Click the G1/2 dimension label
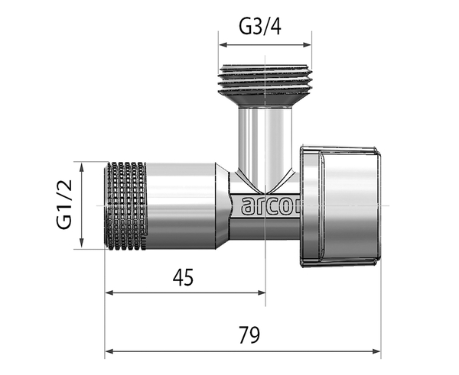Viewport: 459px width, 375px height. [x=64, y=205]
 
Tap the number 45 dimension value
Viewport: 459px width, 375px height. [x=183, y=277]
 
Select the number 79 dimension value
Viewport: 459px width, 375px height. [x=249, y=335]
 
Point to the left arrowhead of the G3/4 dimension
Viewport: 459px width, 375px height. [x=223, y=45]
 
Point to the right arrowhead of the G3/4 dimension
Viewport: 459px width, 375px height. [x=308, y=45]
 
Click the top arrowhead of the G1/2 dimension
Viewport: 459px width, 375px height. [x=82, y=166]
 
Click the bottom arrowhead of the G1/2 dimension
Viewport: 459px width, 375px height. [x=82, y=244]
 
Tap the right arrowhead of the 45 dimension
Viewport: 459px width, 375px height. [x=262, y=293]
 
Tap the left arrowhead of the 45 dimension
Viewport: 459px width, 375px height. [x=109, y=293]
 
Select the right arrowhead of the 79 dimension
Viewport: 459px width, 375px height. [x=376, y=351]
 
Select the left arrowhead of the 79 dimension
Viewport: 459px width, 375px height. [x=109, y=351]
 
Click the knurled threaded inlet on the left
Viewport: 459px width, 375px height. [x=125, y=205]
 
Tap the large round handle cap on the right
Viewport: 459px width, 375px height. [x=340, y=206]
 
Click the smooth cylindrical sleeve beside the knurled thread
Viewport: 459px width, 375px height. [x=181, y=205]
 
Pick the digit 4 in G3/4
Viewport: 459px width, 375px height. [x=275, y=27]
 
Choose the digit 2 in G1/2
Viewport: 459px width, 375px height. [x=64, y=186]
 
